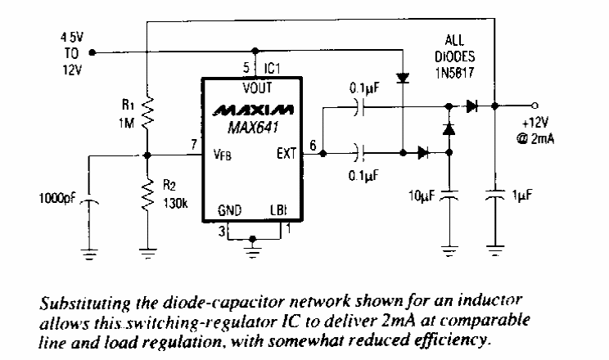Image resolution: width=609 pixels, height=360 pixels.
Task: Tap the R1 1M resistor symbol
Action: pos(147,117)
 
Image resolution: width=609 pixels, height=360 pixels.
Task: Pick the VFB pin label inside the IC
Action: pos(223,153)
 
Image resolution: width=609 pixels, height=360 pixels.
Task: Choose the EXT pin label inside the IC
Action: pos(286,152)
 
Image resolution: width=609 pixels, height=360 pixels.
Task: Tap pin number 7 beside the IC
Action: pos(193,145)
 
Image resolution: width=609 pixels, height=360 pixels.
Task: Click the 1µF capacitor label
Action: pos(520,196)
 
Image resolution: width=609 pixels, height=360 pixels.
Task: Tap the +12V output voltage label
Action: pos(541,123)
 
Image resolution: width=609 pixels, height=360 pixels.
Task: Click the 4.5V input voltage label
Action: pos(70,38)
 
